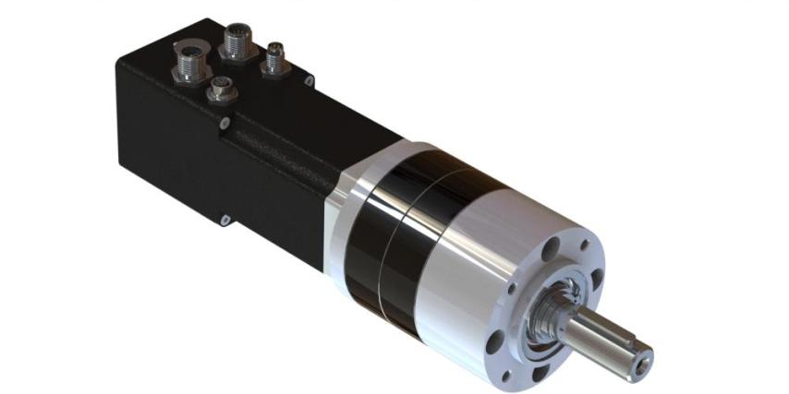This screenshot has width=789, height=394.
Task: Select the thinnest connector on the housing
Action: point(275,57)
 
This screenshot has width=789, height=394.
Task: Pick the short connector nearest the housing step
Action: point(220,90)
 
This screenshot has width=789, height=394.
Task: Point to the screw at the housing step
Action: point(223,123)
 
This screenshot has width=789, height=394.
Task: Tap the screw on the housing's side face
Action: point(225,219)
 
